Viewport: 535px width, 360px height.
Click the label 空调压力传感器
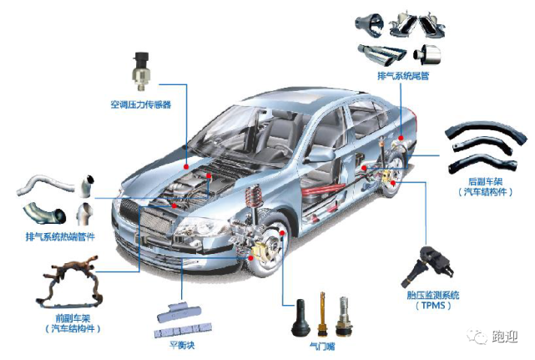pos(140,104)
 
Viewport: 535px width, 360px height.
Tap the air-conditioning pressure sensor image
pos(141,70)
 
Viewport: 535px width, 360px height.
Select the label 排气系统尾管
pos(403,75)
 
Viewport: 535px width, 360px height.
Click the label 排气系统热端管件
pos(60,236)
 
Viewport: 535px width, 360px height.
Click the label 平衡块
pos(182,345)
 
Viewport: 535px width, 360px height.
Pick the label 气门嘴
pos(321,347)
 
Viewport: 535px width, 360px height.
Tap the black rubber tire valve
pos(300,318)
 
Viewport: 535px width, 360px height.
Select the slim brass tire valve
pos(321,314)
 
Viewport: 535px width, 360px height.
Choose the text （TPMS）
pos(433,305)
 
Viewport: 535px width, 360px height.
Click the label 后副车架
pos(485,181)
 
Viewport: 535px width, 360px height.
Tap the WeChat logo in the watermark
pos(477,336)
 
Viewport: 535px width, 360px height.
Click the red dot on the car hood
pos(186,167)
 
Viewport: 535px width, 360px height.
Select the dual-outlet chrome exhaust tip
pos(382,54)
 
